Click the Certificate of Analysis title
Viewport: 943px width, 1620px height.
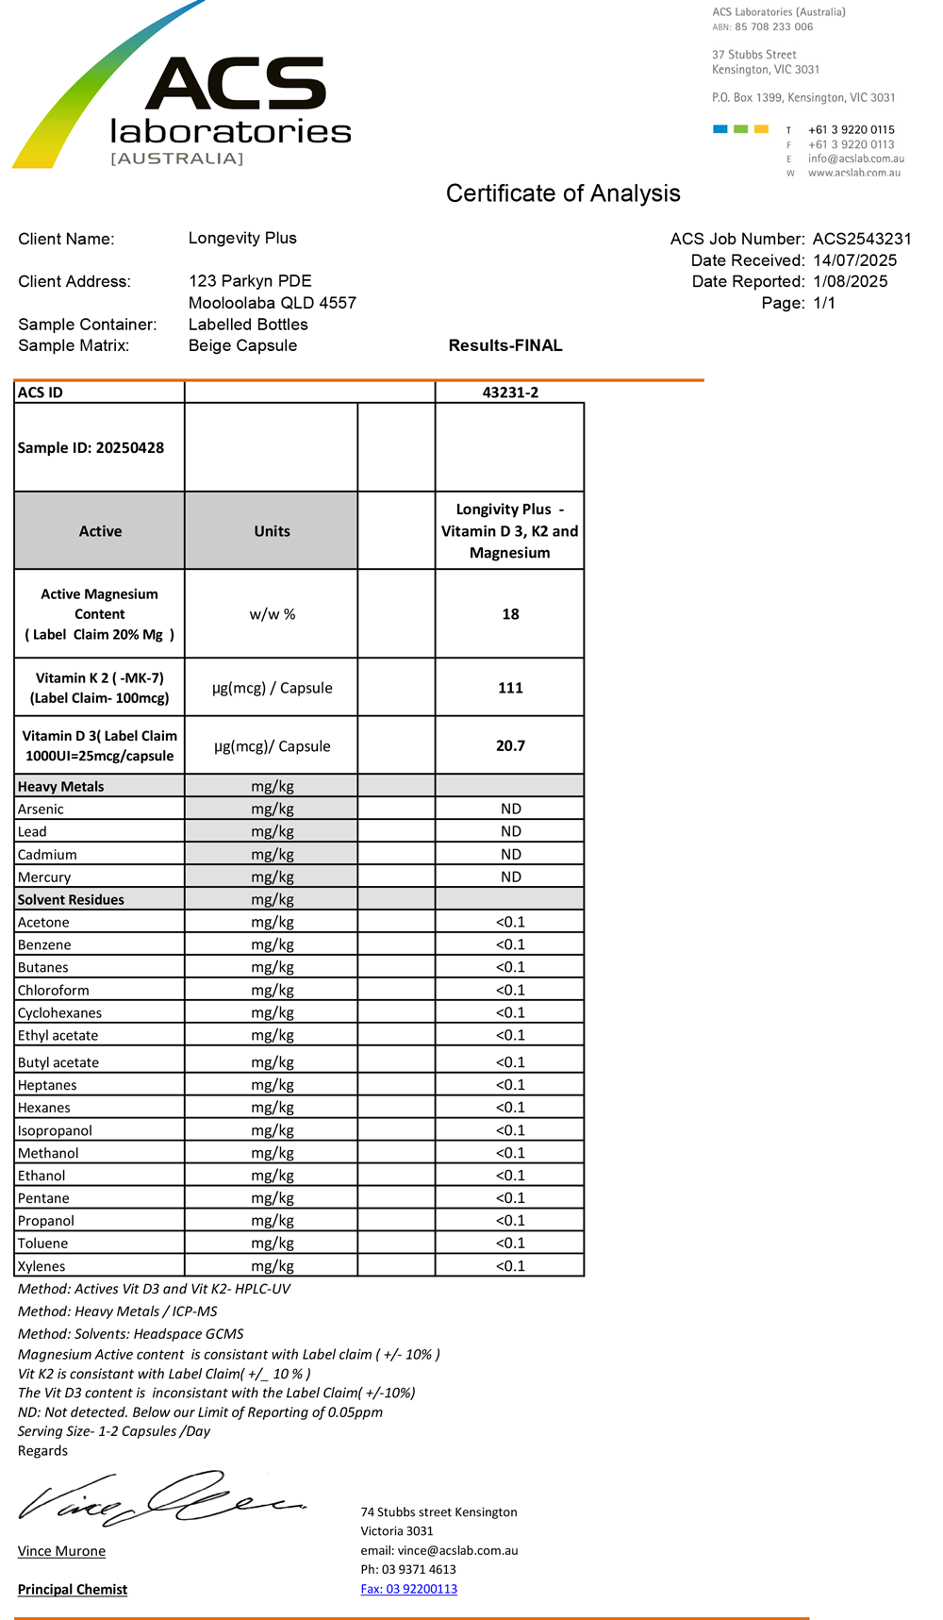pos(563,193)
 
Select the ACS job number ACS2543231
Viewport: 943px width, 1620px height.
pos(862,240)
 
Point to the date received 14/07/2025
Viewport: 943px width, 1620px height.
pos(854,260)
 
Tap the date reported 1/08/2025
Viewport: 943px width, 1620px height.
pos(850,281)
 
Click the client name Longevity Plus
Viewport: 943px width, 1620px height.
pos(242,238)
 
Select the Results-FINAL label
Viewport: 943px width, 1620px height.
pos(505,345)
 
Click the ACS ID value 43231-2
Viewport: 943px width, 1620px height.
pos(510,392)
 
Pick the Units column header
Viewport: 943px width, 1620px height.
pos(272,531)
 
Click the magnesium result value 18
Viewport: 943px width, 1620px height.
pos(510,614)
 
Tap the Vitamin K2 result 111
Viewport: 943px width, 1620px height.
pos(510,688)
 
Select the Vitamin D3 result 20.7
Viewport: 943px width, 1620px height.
pos(510,745)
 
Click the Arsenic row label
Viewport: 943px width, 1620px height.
pos(41,809)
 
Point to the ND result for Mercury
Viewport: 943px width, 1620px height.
pos(510,877)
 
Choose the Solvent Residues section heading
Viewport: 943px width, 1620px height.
pos(71,899)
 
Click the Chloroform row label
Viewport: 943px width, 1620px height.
pos(53,990)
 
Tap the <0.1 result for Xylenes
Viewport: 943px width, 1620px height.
pos(510,1266)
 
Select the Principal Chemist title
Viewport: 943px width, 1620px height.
pos(73,1589)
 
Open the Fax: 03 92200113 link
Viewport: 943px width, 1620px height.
pos(408,1589)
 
